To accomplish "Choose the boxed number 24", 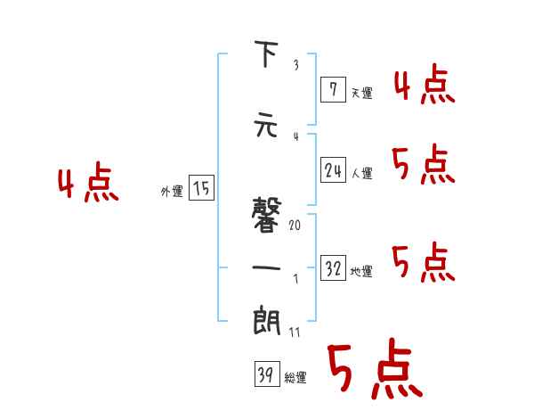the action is (333, 170).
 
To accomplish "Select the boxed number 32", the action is (333, 268).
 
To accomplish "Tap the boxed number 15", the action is (201, 188).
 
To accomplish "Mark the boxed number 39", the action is (265, 376).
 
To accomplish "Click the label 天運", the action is (361, 91).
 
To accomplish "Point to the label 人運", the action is (361, 173).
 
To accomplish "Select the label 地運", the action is (361, 271).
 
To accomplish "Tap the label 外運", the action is (171, 191).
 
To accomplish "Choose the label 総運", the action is (295, 378).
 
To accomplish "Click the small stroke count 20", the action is (295, 225).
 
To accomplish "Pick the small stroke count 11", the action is (295, 332).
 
